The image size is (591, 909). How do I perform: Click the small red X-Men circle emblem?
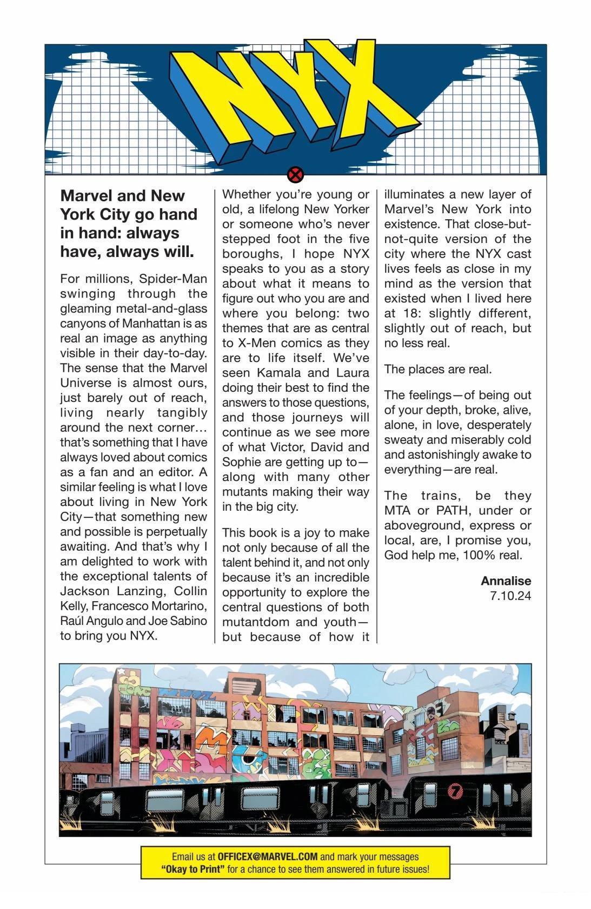[295, 175]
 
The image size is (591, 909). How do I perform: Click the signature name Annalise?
[506, 581]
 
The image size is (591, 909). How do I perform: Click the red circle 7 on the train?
[456, 791]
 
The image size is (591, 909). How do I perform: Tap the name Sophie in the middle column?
[241, 462]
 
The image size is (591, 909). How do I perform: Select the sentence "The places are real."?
[438, 370]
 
